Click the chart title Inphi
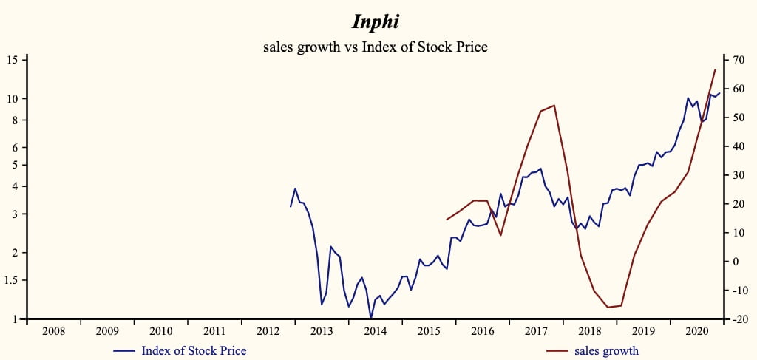pos(376,22)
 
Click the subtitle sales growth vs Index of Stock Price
pos(376,47)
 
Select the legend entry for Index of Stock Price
pos(194,350)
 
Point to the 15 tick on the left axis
pos(14,60)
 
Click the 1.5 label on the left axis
pos(13,280)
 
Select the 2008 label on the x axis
pos(54,332)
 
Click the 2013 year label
pos(322,332)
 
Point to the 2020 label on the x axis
pos(696,332)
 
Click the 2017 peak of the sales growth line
pos(554,105)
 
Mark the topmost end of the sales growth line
pos(715,69)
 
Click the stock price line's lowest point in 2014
pos(371,318)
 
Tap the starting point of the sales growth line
pos(447,220)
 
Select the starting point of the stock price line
pos(291,206)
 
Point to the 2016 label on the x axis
pos(482,332)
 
